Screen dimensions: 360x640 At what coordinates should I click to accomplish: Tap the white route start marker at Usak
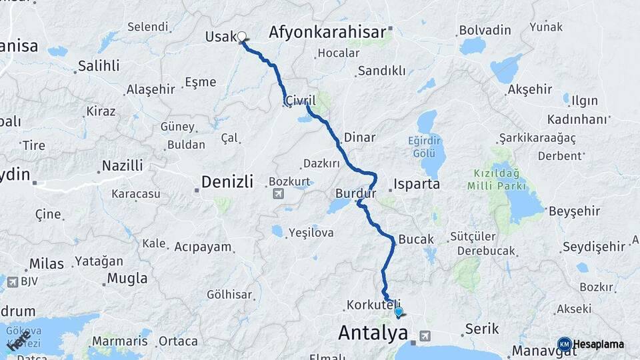point(242,37)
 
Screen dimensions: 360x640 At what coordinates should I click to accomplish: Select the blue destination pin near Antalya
point(399,311)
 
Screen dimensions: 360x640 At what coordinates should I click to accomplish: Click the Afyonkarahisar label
point(327,32)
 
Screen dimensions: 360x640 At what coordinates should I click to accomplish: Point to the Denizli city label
point(227,181)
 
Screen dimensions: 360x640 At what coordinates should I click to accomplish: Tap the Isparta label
point(417,183)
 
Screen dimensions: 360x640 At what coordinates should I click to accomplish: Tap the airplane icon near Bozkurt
point(278,194)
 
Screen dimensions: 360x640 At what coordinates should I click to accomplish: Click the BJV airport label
point(29,281)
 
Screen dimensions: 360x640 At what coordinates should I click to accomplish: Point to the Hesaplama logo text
point(598,344)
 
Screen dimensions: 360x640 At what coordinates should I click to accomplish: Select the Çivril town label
point(299,100)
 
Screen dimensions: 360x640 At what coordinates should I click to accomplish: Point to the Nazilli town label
point(122,165)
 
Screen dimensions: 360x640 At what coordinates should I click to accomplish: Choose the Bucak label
point(416,239)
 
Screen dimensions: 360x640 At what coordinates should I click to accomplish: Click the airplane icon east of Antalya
point(426,336)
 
